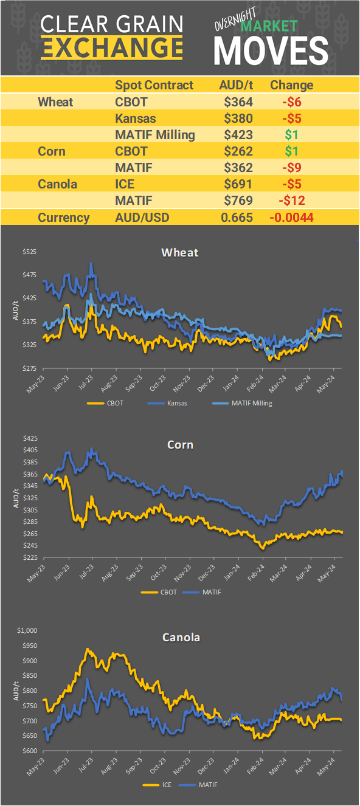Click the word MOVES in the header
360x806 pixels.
(272, 50)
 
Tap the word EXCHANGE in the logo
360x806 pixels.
(112, 47)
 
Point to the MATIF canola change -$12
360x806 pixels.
(292, 201)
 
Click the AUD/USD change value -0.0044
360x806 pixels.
(291, 218)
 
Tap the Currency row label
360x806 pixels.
(64, 218)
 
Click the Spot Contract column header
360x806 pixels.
(154, 85)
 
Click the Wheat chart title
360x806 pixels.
(180, 252)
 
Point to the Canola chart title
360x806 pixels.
(181, 637)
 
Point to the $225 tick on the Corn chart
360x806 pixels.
(29, 557)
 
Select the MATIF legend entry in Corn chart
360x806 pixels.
(205, 591)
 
